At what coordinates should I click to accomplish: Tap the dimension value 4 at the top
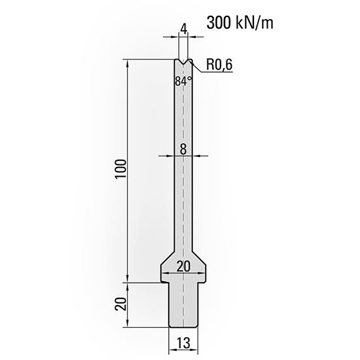pos(183,28)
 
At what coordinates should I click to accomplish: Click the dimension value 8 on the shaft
pos(183,149)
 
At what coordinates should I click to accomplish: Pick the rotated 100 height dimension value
pos(119,171)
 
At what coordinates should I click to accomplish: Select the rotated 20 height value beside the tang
pos(118,304)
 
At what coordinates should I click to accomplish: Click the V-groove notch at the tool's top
pos(183,63)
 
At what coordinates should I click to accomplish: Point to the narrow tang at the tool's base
pos(183,304)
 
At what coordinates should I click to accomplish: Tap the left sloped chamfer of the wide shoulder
pos(167,256)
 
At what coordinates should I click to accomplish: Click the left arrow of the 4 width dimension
pos(175,40)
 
